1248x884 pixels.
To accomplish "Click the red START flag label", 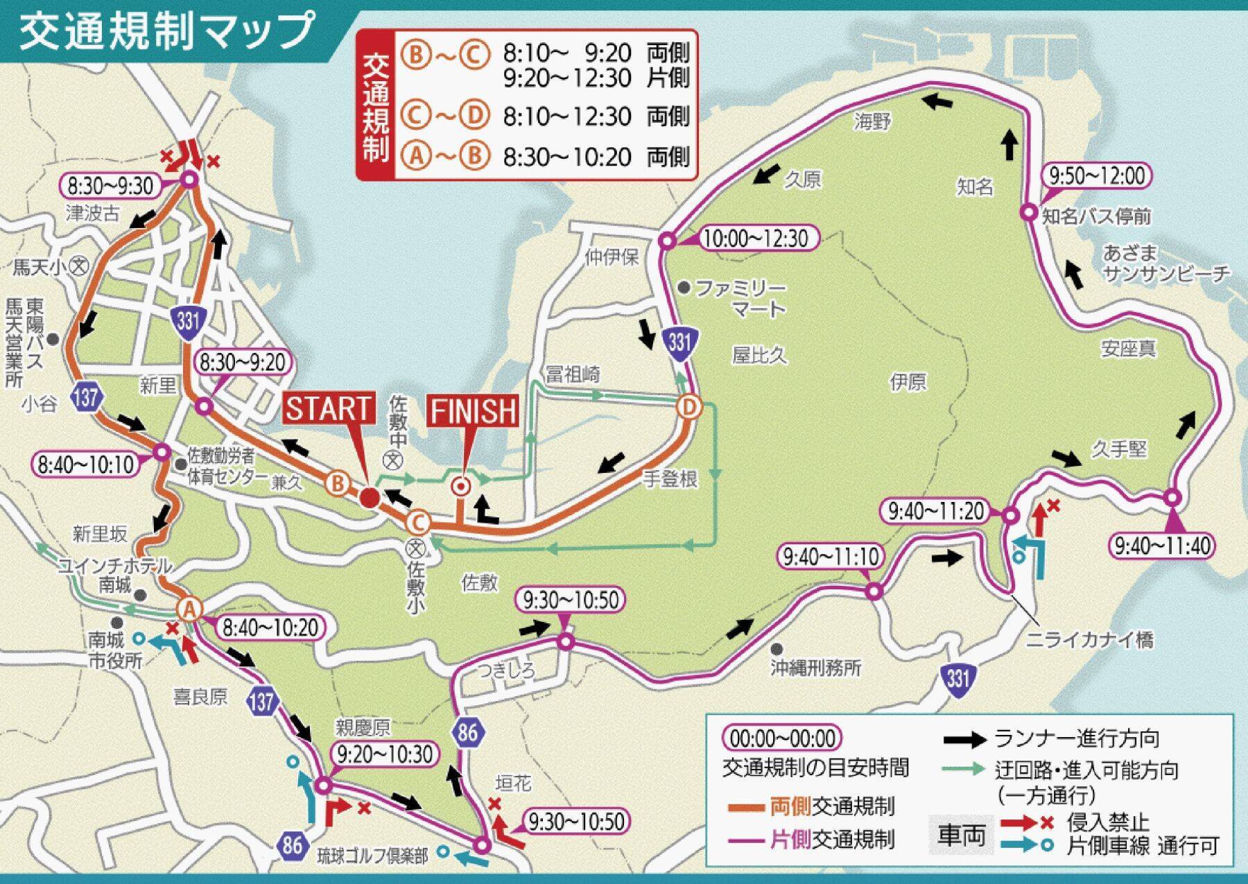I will pyautogui.click(x=329, y=408).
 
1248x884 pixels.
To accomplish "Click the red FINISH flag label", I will pyautogui.click(x=474, y=411).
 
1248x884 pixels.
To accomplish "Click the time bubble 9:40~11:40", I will pyautogui.click(x=1162, y=546).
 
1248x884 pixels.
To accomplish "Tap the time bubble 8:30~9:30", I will pyautogui.click(x=111, y=186).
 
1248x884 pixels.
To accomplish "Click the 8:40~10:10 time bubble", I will pyautogui.click(x=86, y=465).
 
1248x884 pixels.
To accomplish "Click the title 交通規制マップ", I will pyautogui.click(x=166, y=32).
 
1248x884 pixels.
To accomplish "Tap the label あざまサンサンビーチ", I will pyautogui.click(x=1165, y=263).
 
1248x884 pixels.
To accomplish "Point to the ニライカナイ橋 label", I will pyautogui.click(x=1090, y=639).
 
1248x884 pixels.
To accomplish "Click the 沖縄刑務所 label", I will pyautogui.click(x=815, y=668).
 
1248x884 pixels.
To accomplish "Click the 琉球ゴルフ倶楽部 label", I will pyautogui.click(x=372, y=856).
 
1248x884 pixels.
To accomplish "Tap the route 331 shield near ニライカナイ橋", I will pyautogui.click(x=957, y=676).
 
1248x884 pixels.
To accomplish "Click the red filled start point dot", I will pyautogui.click(x=370, y=497).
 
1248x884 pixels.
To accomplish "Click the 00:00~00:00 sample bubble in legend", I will pyautogui.click(x=781, y=738).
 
